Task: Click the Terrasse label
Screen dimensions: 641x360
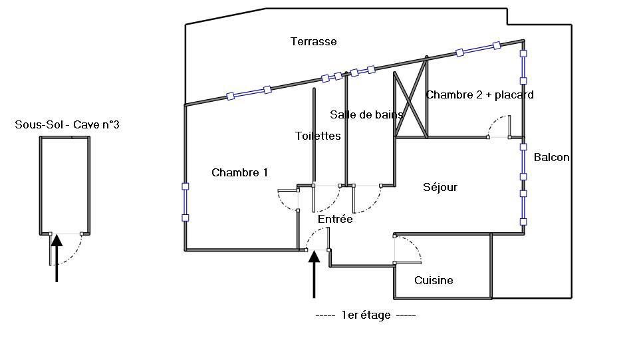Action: click(x=314, y=41)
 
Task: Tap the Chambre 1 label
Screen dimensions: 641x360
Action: click(x=239, y=172)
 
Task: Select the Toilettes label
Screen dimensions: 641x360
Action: click(x=318, y=136)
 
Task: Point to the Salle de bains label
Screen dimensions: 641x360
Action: click(x=366, y=114)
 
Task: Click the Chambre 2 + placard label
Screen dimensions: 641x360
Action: click(x=479, y=95)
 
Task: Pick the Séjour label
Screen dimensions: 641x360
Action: click(x=440, y=187)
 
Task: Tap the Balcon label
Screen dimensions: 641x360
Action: click(x=551, y=157)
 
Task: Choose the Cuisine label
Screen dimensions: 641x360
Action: click(x=434, y=280)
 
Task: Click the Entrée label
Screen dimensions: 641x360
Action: click(x=335, y=220)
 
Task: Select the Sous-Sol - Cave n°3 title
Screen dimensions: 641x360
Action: click(x=67, y=124)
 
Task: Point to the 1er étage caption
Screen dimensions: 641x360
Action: click(x=366, y=315)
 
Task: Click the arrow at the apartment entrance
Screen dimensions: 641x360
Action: click(x=314, y=274)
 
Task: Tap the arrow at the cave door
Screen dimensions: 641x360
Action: click(x=57, y=258)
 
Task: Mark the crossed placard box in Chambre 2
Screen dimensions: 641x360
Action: click(x=410, y=104)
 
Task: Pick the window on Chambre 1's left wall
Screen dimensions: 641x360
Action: click(x=186, y=202)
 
